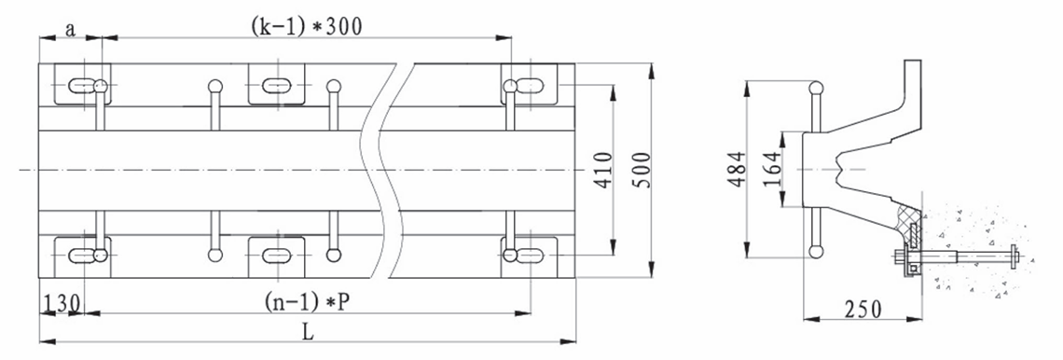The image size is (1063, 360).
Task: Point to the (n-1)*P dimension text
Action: pyautogui.click(x=307, y=301)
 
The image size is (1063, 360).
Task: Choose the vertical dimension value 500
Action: pyautogui.click(x=642, y=170)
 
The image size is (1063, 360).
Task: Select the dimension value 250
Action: pyautogui.click(x=863, y=309)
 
